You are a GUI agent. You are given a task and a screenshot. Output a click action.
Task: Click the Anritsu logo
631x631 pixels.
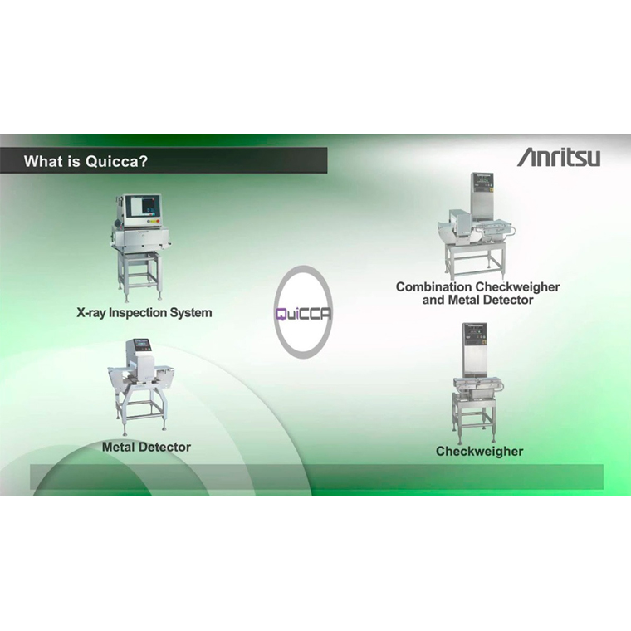pyautogui.click(x=559, y=157)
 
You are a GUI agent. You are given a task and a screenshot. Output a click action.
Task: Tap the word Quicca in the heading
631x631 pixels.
pyautogui.click(x=116, y=161)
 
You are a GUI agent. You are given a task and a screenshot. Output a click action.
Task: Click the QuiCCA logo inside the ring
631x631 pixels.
pyautogui.click(x=303, y=314)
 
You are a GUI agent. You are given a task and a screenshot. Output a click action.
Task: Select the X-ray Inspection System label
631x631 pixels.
pyautogui.click(x=144, y=313)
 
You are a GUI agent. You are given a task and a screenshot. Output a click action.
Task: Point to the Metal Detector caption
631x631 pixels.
pyautogui.click(x=146, y=447)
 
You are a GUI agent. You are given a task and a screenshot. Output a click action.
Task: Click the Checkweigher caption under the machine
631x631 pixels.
pyautogui.click(x=479, y=451)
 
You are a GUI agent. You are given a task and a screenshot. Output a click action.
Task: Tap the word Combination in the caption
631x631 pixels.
pyautogui.click(x=433, y=287)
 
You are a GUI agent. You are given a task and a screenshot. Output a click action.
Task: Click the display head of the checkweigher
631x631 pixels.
pyautogui.click(x=475, y=333)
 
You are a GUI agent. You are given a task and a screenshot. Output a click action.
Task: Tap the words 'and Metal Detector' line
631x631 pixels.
pyautogui.click(x=477, y=300)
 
